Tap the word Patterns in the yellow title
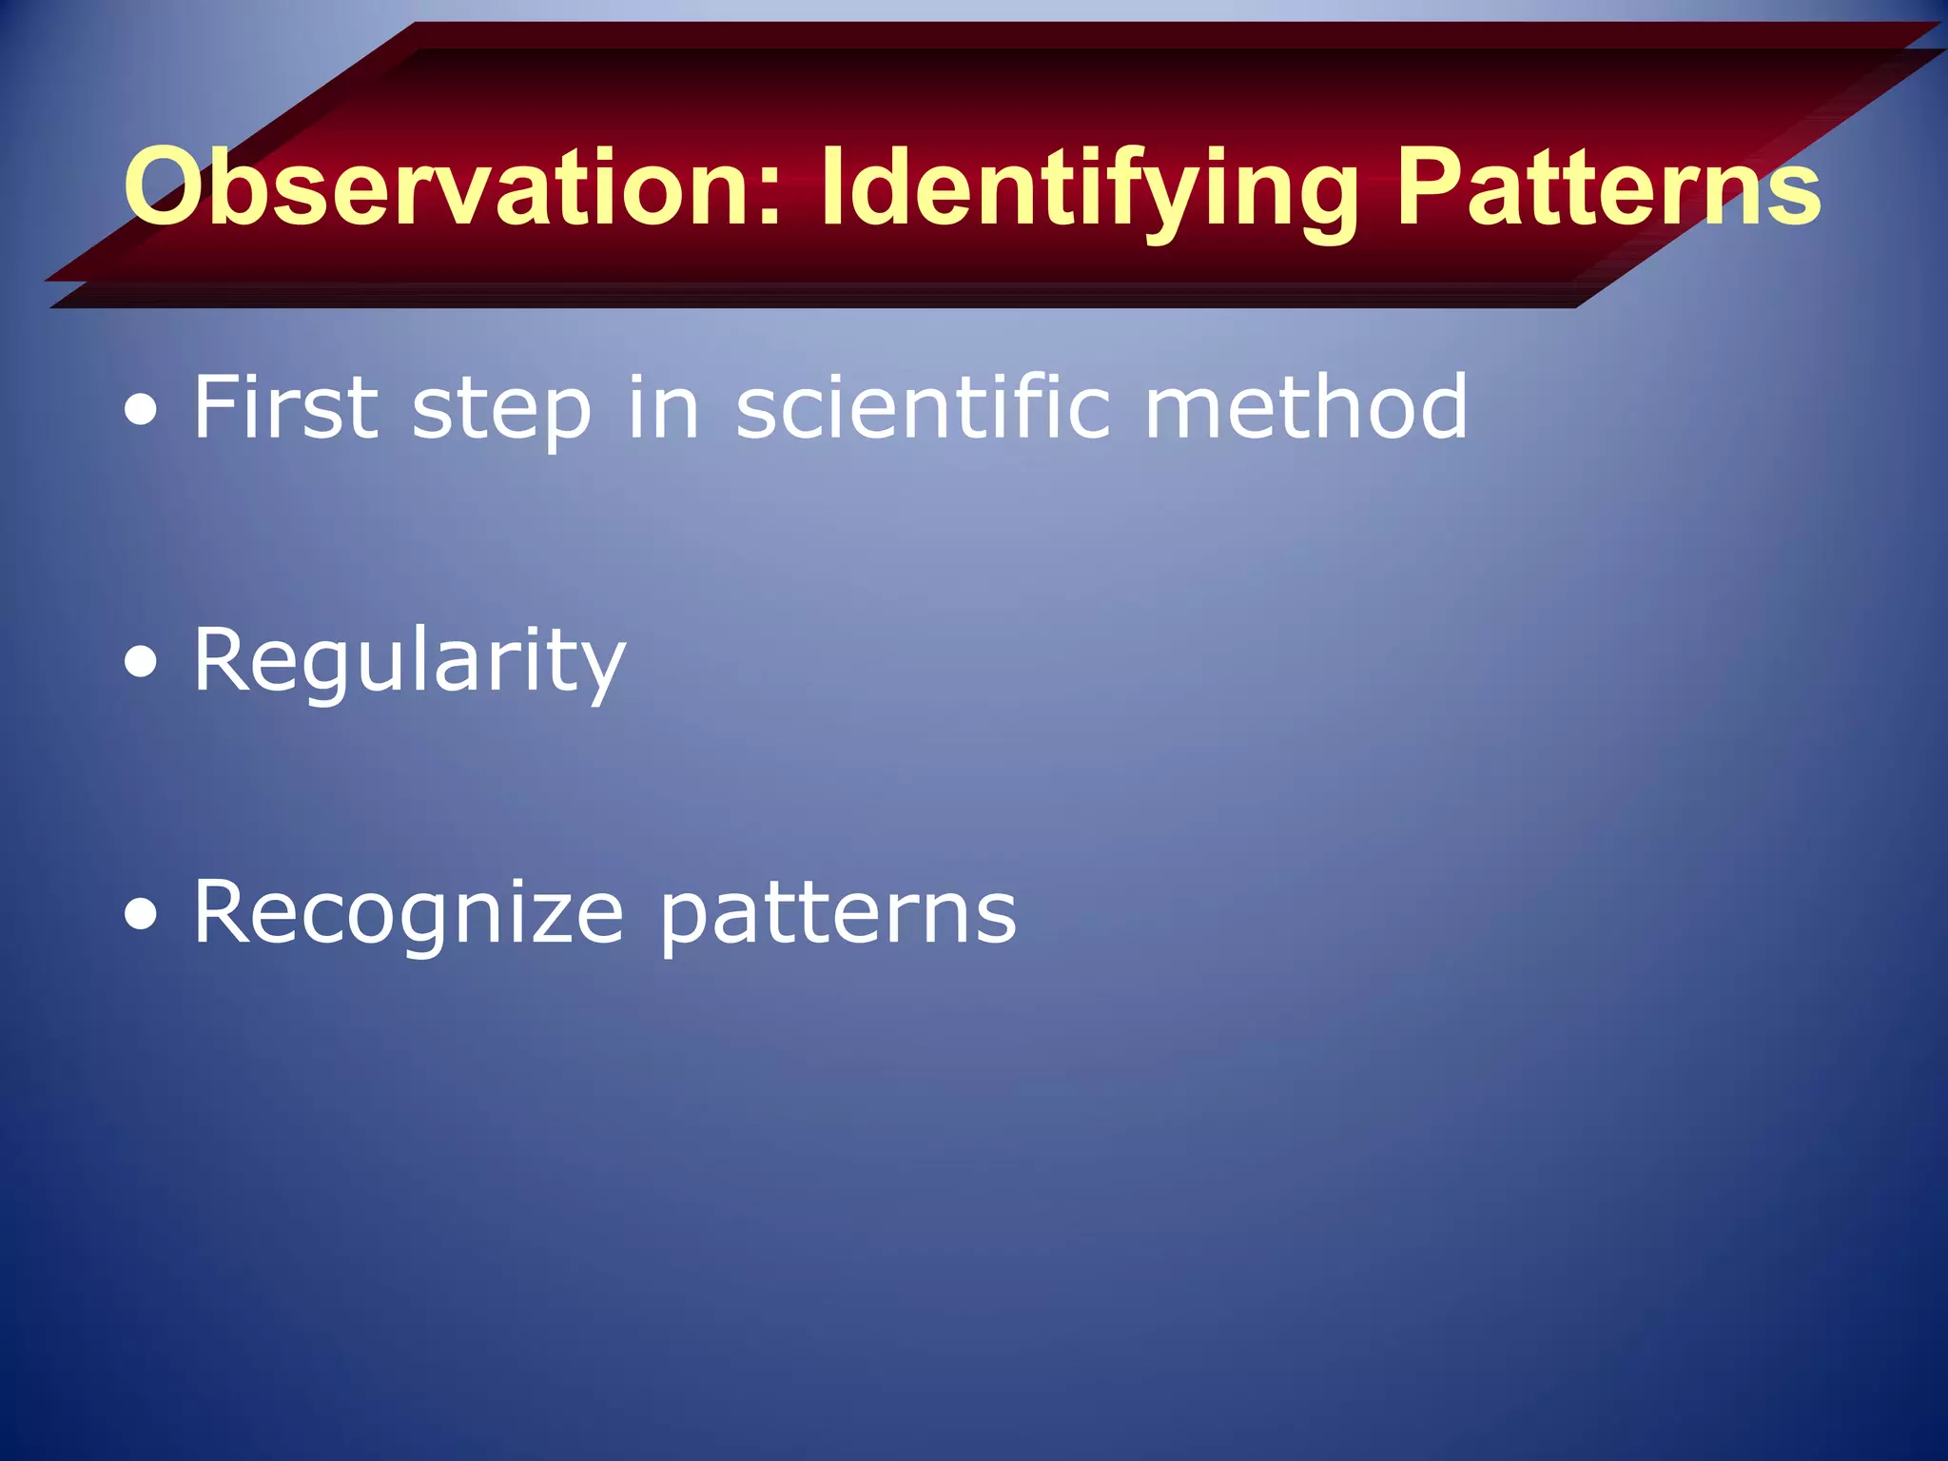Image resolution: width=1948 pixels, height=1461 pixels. [x=1607, y=187]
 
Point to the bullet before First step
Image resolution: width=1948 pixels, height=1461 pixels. [x=142, y=412]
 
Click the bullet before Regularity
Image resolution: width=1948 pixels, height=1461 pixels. [x=142, y=664]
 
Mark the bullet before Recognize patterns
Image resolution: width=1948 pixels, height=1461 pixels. [x=142, y=915]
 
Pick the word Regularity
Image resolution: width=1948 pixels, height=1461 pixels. [x=409, y=663]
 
